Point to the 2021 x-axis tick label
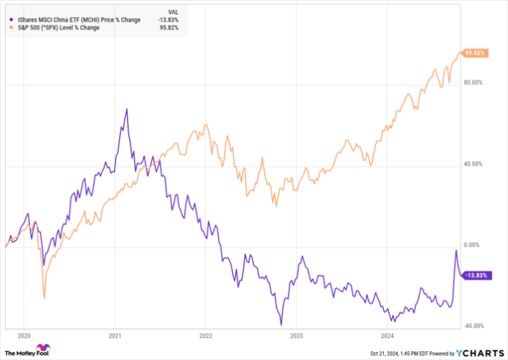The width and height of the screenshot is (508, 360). [115, 337]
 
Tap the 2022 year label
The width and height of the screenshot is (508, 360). [206, 337]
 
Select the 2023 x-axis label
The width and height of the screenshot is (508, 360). [297, 337]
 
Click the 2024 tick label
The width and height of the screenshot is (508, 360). [388, 337]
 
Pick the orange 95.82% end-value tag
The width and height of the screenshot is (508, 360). [477, 53]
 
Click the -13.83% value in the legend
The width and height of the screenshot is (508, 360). [170, 20]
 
